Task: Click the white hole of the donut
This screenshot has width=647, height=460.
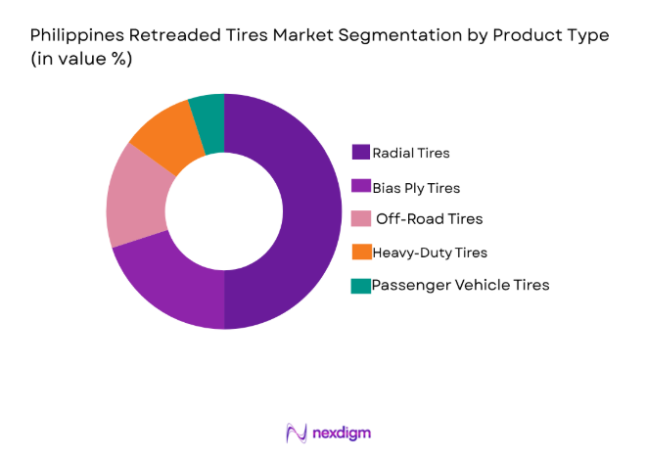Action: point(224,210)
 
